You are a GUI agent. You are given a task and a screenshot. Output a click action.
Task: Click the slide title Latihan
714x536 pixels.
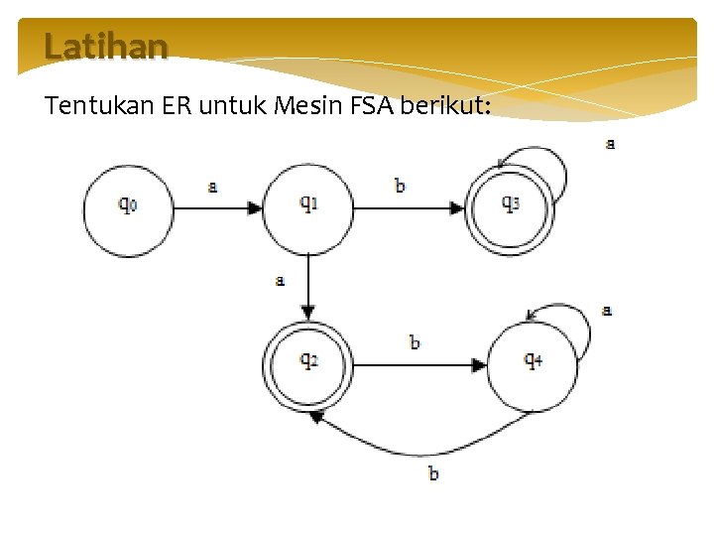pyautogui.click(x=106, y=47)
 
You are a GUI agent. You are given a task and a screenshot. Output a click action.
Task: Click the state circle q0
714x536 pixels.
pyautogui.click(x=128, y=208)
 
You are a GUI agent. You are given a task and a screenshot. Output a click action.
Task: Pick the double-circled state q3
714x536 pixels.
pyautogui.click(x=509, y=207)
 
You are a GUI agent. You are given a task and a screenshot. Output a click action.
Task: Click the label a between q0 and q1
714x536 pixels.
pyautogui.click(x=213, y=186)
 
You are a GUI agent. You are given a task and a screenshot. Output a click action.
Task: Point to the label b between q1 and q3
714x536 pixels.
pyautogui.click(x=400, y=186)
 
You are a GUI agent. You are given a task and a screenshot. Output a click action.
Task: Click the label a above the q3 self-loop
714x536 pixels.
pyautogui.click(x=610, y=144)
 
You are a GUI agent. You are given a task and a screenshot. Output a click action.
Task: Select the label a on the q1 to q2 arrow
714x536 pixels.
pyautogui.click(x=281, y=281)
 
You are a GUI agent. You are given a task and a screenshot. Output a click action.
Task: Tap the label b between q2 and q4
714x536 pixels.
pyautogui.click(x=415, y=342)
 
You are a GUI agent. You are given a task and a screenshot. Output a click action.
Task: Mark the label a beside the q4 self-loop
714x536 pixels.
pyautogui.click(x=607, y=311)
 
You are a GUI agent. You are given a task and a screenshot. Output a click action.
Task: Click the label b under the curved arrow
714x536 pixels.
pyautogui.click(x=433, y=472)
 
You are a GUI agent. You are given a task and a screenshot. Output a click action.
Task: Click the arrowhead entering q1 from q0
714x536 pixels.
pyautogui.click(x=256, y=208)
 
